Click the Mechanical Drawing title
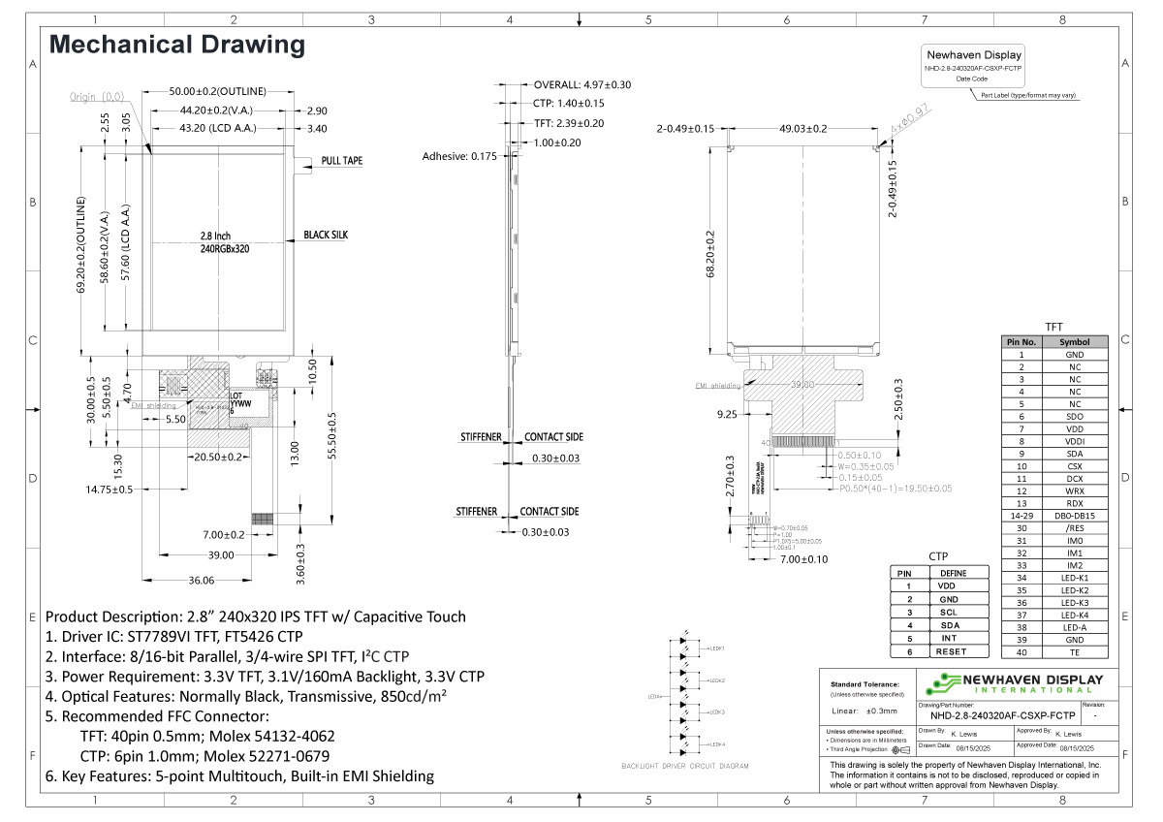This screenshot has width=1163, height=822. pos(177,45)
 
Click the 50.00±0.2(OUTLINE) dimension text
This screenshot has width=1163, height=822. pos(217,91)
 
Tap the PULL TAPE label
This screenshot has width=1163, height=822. pos(342,161)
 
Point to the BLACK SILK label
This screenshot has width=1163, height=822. pos(326,235)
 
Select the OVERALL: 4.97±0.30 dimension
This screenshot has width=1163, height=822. pos(581,84)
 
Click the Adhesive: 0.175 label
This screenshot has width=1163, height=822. pos(459,156)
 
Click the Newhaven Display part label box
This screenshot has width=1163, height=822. pos(973,66)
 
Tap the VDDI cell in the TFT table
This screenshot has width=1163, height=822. pos(1074,441)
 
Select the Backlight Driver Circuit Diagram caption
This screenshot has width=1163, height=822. pos(685,766)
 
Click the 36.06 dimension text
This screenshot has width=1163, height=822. pos(202,581)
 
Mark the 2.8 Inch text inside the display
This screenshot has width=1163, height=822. pos(215,236)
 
